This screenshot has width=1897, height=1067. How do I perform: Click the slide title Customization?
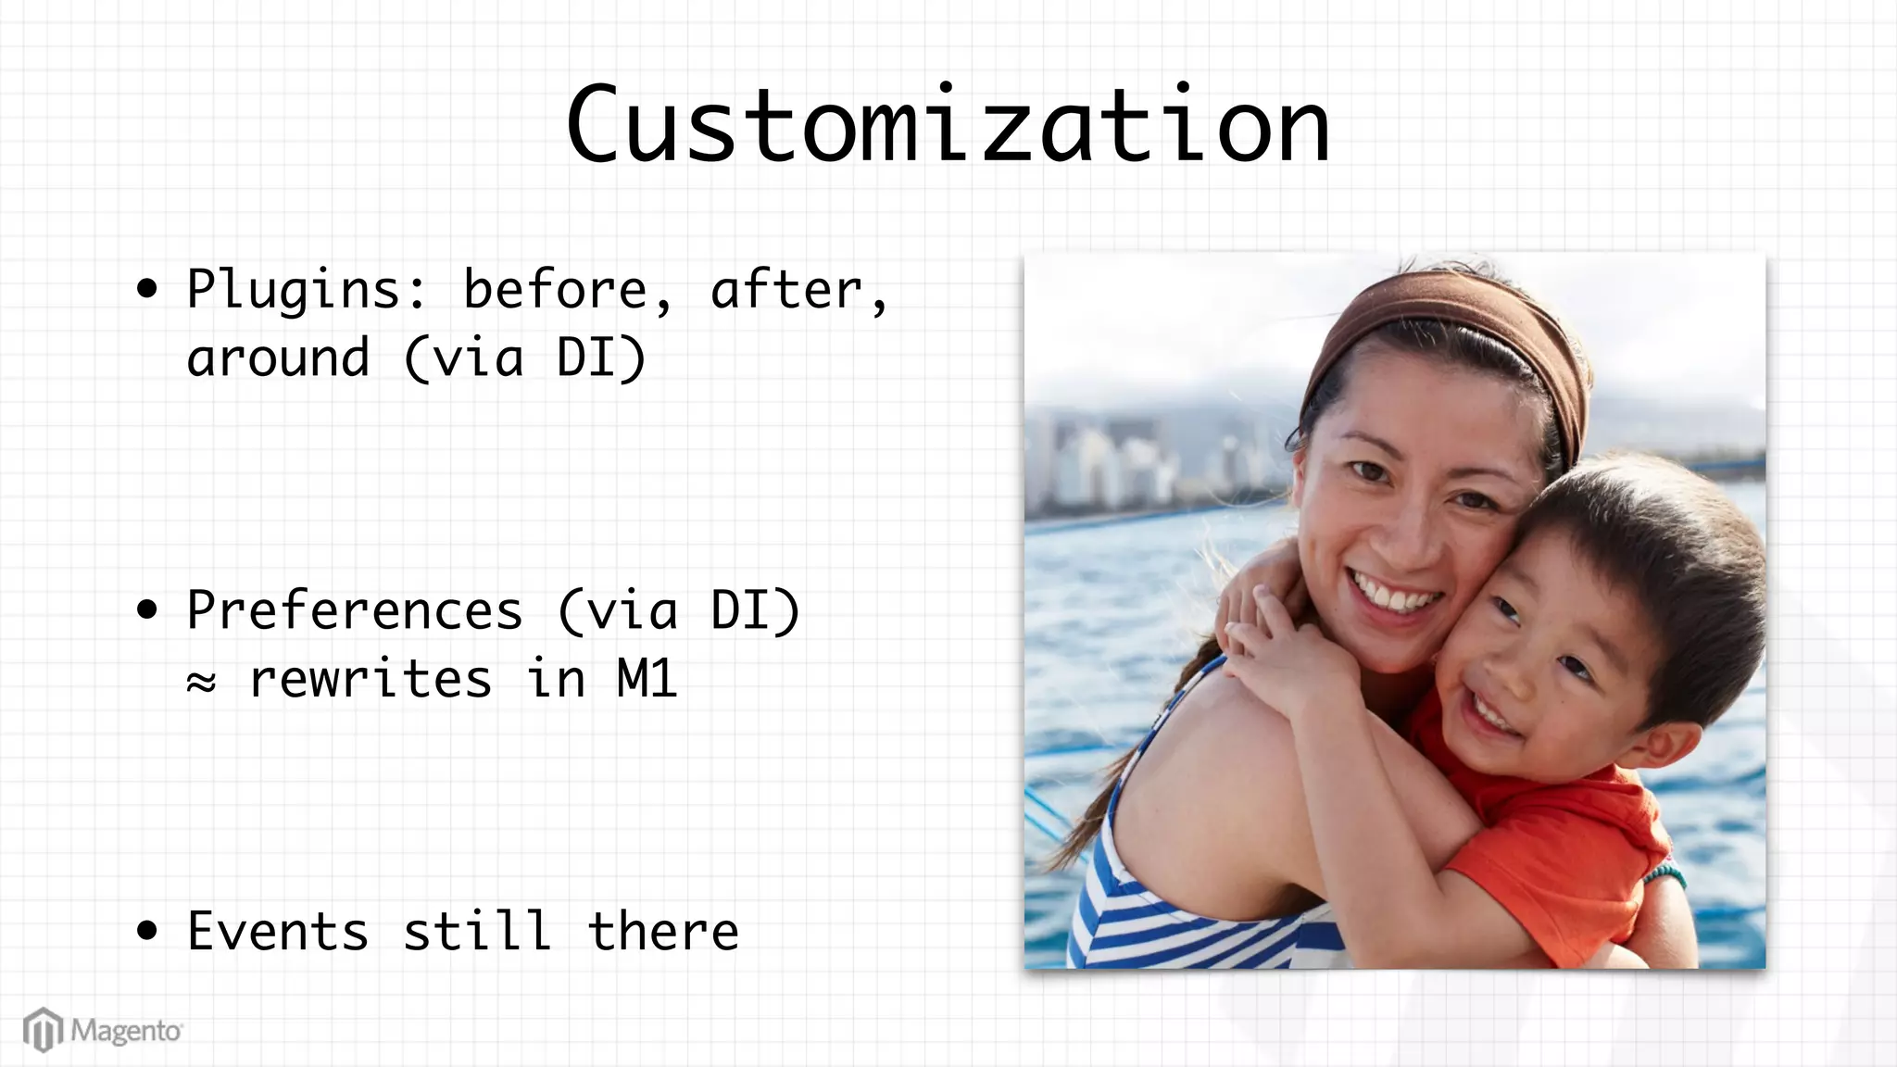tap(948, 125)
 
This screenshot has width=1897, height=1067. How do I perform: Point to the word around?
tap(278, 358)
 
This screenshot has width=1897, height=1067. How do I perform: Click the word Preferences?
tap(355, 610)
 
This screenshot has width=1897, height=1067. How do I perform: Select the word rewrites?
tap(371, 679)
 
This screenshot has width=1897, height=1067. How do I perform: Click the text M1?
tap(647, 679)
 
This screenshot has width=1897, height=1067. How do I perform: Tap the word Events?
tap(278, 931)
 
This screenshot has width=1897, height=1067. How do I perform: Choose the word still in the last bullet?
tap(477, 931)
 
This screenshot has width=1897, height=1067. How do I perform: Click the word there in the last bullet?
tap(663, 931)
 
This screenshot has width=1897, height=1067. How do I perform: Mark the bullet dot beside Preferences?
tap(146, 610)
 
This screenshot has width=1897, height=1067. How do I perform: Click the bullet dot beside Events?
tap(146, 931)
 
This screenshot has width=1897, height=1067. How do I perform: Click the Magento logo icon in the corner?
tap(43, 1030)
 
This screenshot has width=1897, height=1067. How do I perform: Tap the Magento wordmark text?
tap(127, 1031)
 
